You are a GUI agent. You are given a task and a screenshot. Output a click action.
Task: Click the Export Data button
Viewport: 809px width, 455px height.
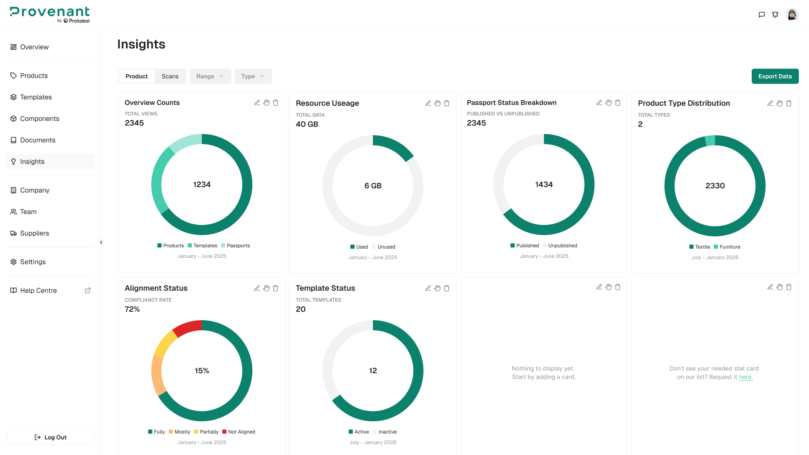pos(775,76)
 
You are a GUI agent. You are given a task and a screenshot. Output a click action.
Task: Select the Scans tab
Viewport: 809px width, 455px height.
pos(170,76)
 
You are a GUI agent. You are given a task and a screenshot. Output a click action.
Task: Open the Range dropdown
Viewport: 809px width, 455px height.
pos(210,76)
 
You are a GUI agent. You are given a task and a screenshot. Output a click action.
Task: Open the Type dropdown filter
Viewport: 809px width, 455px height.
pos(253,76)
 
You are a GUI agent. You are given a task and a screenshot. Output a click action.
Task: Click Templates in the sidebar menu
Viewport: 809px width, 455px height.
pos(36,97)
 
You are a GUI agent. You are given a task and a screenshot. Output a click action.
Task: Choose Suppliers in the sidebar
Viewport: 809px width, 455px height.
pos(35,233)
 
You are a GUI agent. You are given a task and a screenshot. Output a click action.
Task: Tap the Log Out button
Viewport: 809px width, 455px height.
pos(51,437)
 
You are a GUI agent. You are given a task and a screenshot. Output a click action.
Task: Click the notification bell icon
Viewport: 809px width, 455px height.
pos(775,15)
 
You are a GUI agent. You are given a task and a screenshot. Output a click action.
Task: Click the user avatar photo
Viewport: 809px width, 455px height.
pos(792,15)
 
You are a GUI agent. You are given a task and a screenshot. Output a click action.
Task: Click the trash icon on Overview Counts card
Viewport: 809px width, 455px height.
pos(276,103)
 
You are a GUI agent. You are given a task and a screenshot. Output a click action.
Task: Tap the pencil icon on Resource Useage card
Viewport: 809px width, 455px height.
pos(428,103)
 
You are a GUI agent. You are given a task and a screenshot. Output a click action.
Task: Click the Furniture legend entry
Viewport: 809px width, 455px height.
pos(727,247)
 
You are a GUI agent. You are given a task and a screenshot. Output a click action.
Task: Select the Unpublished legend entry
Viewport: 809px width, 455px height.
pos(560,246)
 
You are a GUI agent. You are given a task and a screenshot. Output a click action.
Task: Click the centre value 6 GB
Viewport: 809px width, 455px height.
pos(373,186)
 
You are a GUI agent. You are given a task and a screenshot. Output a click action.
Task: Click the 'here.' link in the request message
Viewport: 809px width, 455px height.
pos(745,377)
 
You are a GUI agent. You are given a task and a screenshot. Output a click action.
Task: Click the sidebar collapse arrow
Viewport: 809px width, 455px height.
pos(101,242)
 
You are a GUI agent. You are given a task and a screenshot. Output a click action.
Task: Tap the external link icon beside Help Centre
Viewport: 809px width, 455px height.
pos(88,291)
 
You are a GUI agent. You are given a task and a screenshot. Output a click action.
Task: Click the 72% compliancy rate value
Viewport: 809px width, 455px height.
pos(132,309)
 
